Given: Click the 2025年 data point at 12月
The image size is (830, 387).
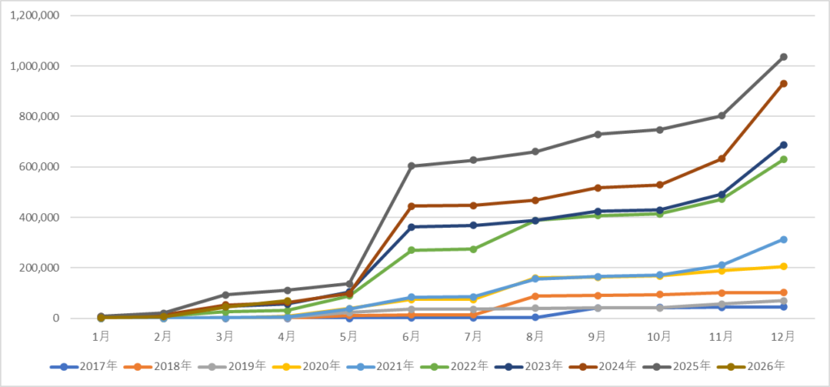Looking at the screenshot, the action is [x=784, y=57].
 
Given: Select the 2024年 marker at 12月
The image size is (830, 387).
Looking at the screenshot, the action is [x=784, y=84].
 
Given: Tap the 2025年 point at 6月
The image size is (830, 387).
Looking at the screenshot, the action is [x=411, y=166].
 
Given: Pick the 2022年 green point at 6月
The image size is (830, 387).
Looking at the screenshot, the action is [x=411, y=250].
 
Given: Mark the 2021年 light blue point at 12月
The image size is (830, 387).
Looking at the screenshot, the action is [x=784, y=239].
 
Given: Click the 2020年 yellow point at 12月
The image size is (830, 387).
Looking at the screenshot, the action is [x=784, y=267].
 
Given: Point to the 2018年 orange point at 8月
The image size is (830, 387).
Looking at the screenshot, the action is [x=535, y=296].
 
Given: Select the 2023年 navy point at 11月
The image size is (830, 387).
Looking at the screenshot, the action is [x=721, y=195].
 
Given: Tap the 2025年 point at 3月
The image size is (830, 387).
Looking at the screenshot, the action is [x=225, y=295].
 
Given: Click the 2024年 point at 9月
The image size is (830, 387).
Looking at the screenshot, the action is [x=597, y=187].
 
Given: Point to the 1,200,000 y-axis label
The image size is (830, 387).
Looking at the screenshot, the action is [x=34, y=15].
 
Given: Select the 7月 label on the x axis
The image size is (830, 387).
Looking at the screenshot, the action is [x=473, y=336].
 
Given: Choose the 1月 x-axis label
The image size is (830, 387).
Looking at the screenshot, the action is [x=101, y=336].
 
